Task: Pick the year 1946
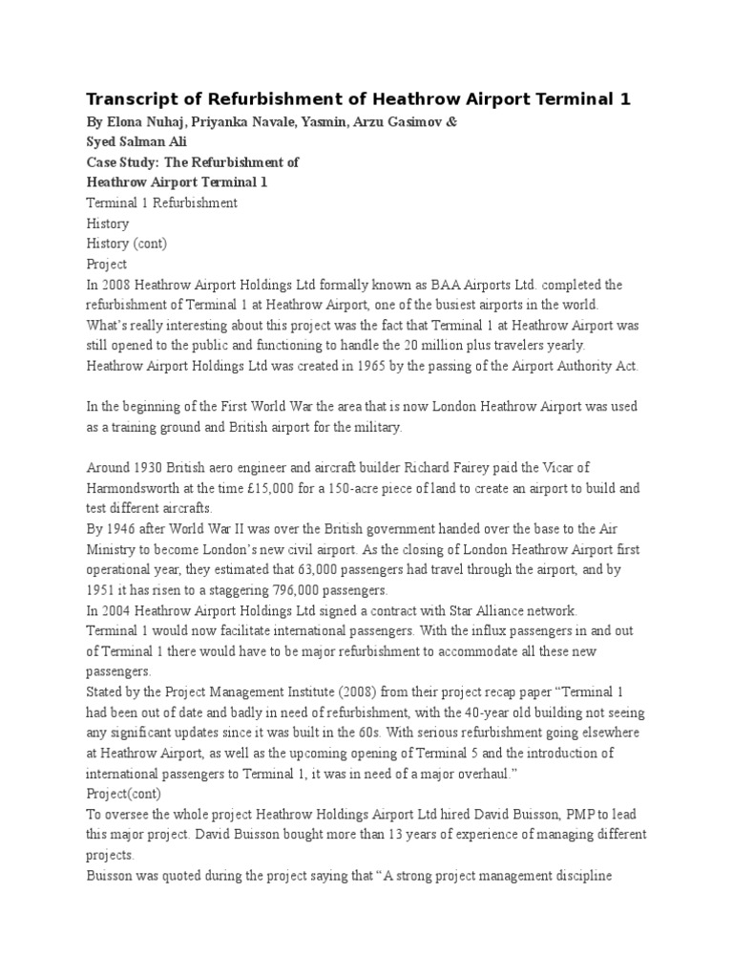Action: (x=119, y=529)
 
